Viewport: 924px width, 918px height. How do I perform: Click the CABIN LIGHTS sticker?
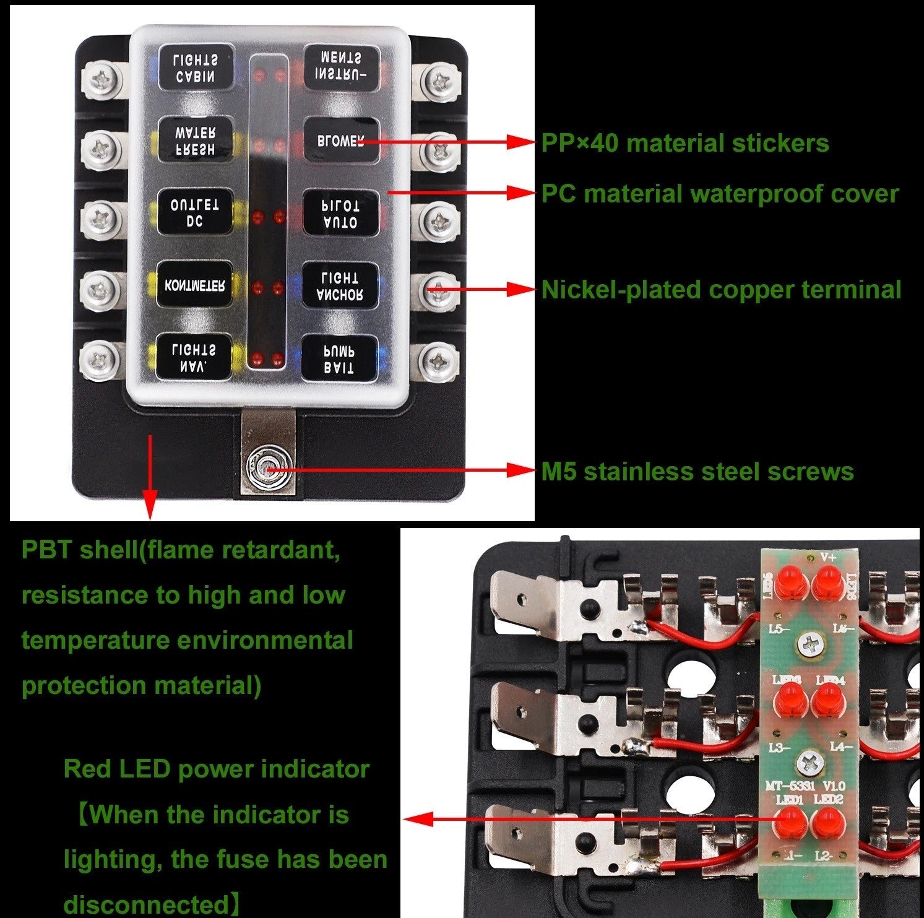point(195,67)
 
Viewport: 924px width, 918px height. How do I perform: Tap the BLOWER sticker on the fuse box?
point(340,141)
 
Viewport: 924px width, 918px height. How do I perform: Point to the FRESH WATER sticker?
point(195,141)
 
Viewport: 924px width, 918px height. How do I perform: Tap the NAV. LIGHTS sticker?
point(195,358)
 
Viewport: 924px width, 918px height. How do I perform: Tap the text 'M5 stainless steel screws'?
point(697,472)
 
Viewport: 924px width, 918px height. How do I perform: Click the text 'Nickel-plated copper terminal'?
point(721,290)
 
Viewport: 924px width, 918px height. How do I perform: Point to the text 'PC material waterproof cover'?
point(719,194)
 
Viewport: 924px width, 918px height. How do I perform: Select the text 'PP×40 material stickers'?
point(684,143)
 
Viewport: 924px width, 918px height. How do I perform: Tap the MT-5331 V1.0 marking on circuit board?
point(805,786)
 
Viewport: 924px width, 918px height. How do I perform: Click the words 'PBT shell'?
point(79,550)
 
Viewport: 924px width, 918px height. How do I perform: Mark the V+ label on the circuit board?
point(828,556)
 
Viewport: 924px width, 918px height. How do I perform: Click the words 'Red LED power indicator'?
point(216,769)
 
